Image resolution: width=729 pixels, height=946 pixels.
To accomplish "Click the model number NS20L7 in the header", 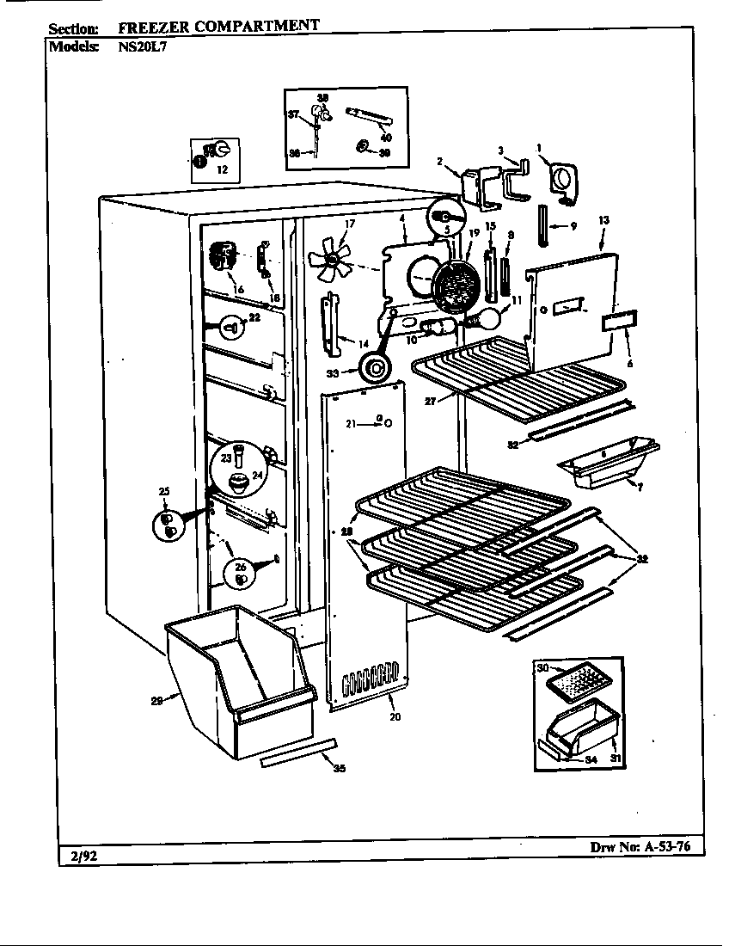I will pyautogui.click(x=142, y=47).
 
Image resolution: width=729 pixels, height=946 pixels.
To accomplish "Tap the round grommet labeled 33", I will pyautogui.click(x=375, y=371).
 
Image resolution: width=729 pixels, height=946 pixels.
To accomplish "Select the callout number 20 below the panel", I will pyautogui.click(x=395, y=716).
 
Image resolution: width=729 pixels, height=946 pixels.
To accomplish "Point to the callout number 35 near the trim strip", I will pyautogui.click(x=339, y=768).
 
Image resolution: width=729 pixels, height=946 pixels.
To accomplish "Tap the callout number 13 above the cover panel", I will pyautogui.click(x=603, y=221).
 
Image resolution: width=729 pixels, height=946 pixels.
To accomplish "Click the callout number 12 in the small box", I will pyautogui.click(x=222, y=170).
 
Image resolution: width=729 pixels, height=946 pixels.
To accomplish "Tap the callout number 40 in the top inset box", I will pyautogui.click(x=386, y=138).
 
